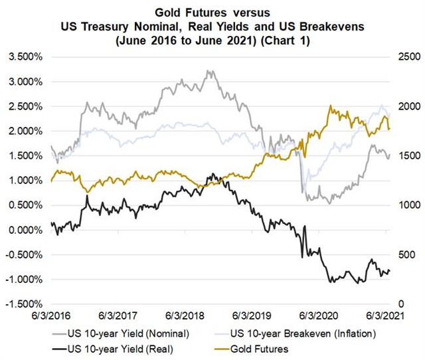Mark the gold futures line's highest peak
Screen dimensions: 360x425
pyautogui.click(x=330, y=106)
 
